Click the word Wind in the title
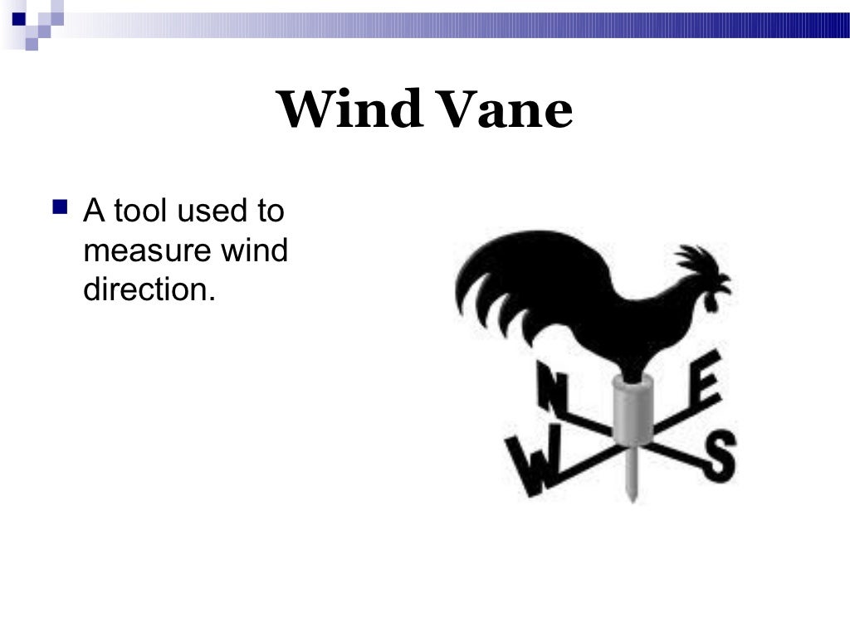click(x=349, y=110)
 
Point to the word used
click(x=211, y=211)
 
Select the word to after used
click(x=270, y=211)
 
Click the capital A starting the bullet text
click(x=93, y=211)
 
